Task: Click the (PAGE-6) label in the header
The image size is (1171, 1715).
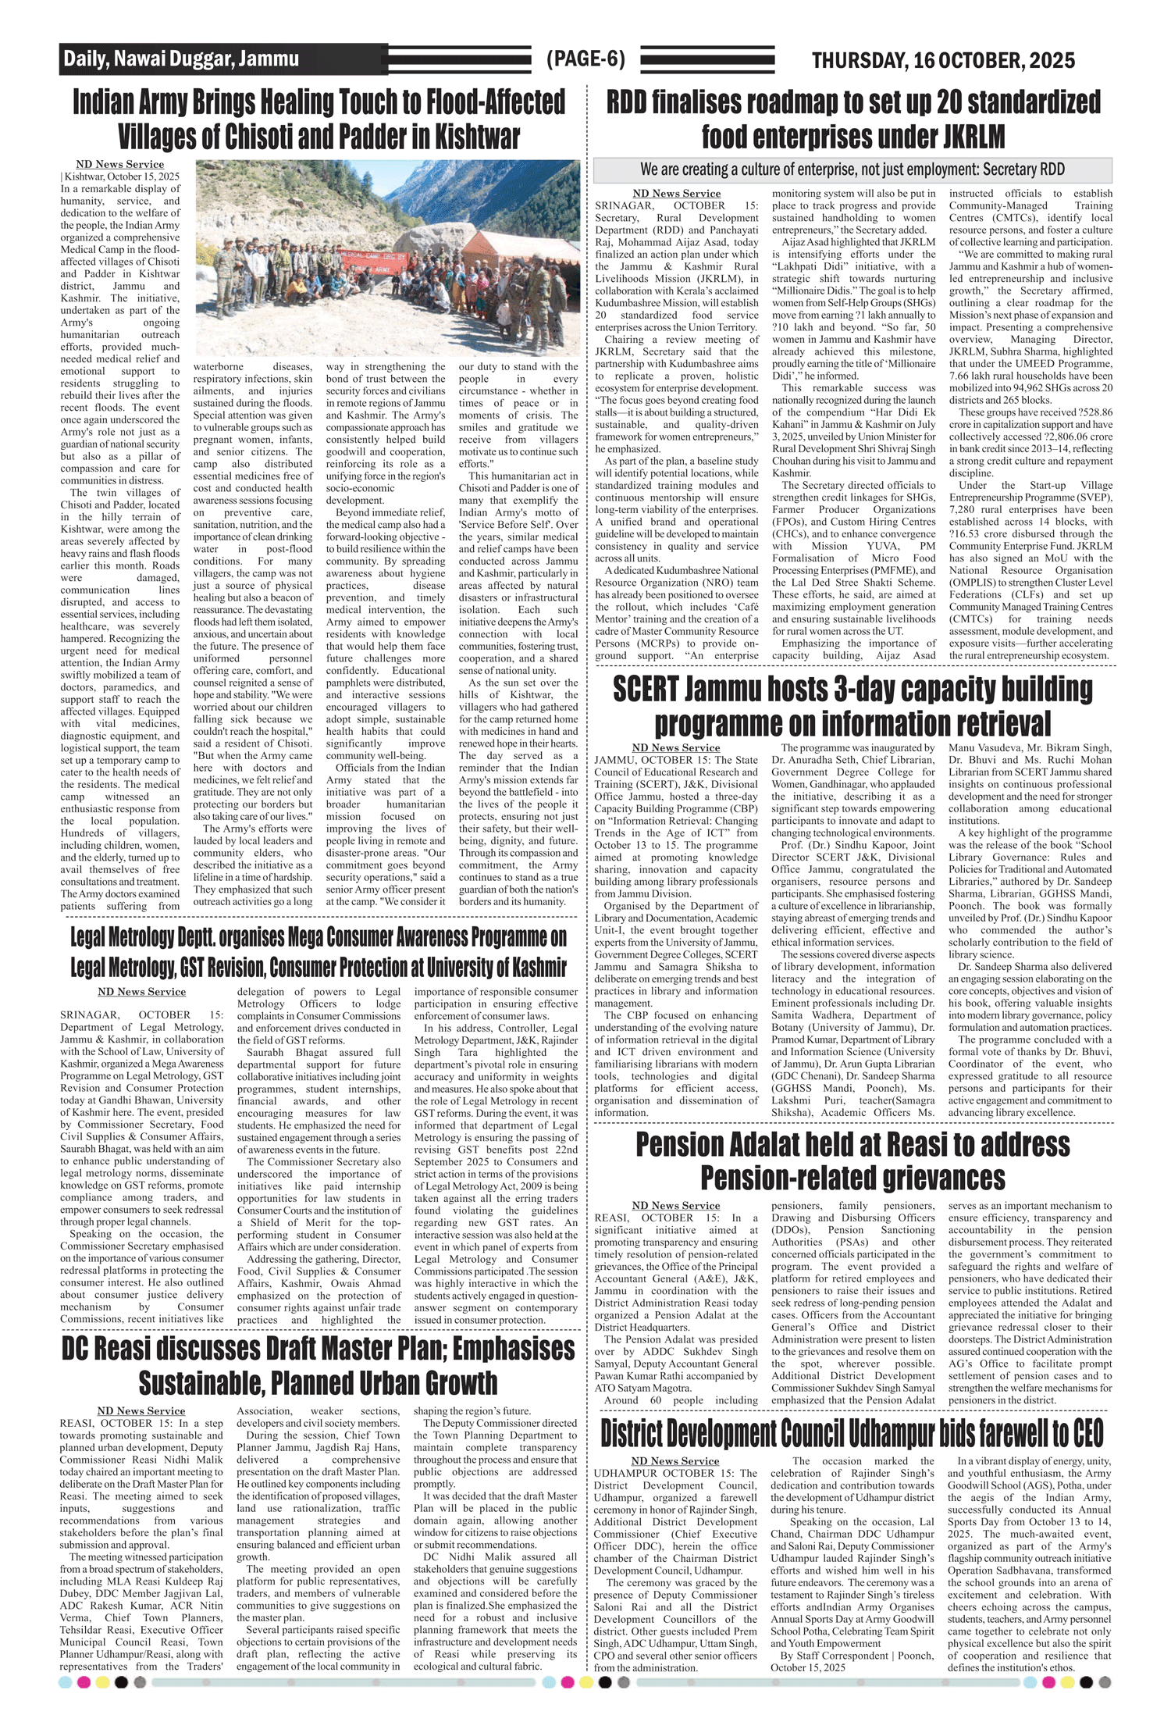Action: (x=585, y=59)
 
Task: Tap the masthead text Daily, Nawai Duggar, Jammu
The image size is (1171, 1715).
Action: (x=181, y=59)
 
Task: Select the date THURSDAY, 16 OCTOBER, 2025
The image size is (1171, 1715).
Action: (x=943, y=60)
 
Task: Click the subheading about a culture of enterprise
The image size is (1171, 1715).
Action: (x=852, y=169)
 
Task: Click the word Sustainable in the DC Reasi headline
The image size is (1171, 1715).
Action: (x=203, y=1383)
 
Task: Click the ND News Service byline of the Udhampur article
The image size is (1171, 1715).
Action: (x=675, y=1460)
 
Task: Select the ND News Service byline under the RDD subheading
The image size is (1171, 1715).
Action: (x=676, y=194)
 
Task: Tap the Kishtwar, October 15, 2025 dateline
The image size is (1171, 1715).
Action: (x=121, y=176)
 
